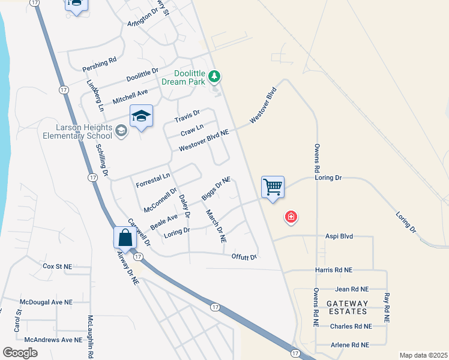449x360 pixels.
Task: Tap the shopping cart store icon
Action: [273, 187]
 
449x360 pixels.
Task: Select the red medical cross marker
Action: [291, 216]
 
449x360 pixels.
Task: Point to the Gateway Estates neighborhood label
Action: [348, 307]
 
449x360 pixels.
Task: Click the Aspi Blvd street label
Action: [339, 236]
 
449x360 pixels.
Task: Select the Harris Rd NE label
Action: [334, 271]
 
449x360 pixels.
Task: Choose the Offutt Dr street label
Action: [244, 257]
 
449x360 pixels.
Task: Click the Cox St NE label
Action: [57, 266]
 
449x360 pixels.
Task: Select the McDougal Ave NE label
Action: [46, 302]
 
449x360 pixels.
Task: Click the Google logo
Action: [20, 353]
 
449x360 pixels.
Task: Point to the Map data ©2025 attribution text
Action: [423, 355]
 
